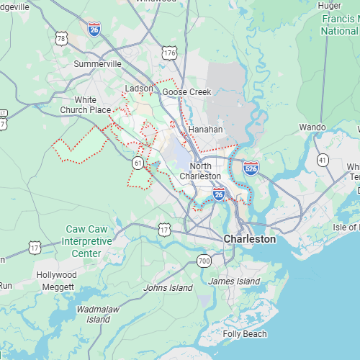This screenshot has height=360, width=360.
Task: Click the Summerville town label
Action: (x=98, y=63)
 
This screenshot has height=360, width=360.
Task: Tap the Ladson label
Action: (x=139, y=89)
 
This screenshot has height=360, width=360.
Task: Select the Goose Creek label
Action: (x=186, y=92)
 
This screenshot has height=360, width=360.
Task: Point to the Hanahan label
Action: (x=205, y=130)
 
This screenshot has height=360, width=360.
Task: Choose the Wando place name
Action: (x=312, y=127)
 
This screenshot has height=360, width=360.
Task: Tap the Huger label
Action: (x=329, y=6)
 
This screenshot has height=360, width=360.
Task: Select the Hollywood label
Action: (x=56, y=275)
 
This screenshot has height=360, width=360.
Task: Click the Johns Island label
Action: (x=168, y=288)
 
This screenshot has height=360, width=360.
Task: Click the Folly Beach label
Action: (x=245, y=334)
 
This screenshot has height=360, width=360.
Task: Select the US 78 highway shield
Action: (x=61, y=38)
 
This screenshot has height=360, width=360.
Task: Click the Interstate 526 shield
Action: (x=251, y=168)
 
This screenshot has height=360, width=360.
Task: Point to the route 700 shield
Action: (x=204, y=260)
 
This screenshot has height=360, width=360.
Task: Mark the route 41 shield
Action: (x=323, y=159)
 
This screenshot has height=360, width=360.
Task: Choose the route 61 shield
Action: (x=137, y=163)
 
